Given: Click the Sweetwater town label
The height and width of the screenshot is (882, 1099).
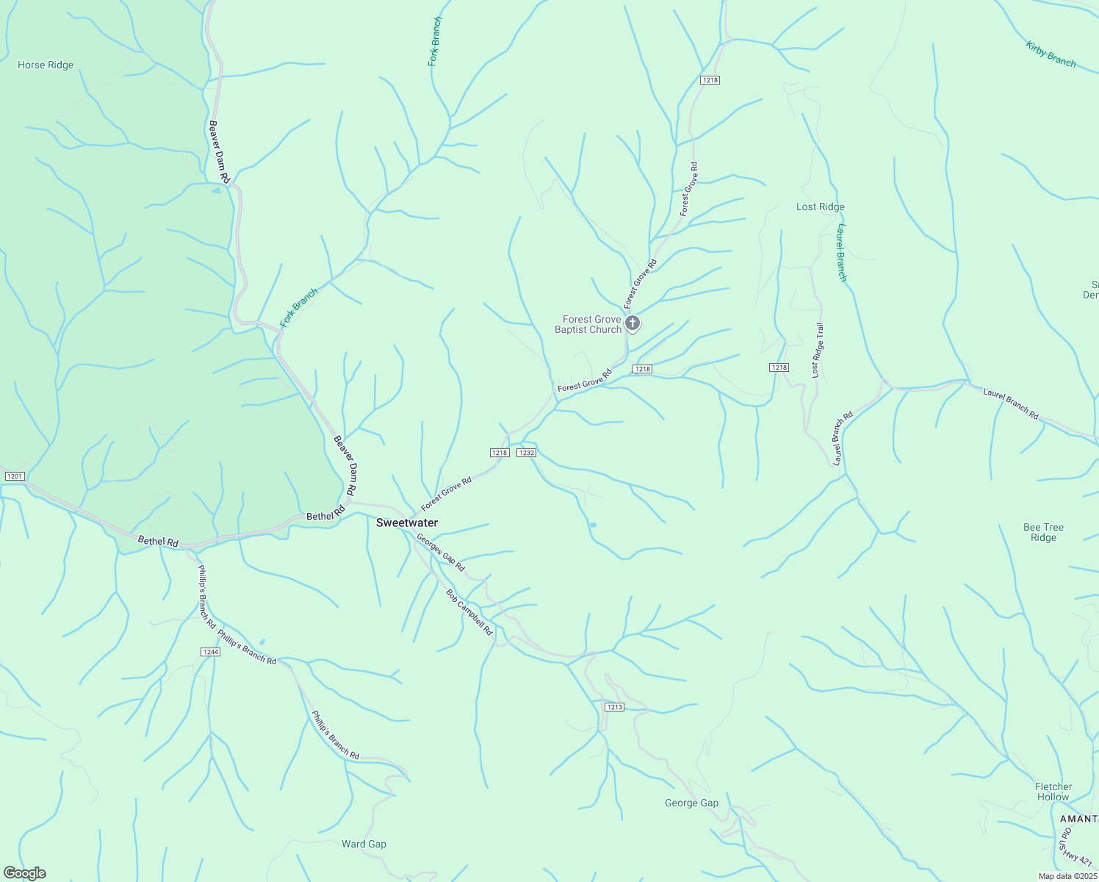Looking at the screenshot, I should (406, 523).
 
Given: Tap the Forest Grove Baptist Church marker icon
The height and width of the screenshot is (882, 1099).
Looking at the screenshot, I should (632, 323).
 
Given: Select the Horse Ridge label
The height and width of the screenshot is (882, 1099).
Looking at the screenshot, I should (46, 65).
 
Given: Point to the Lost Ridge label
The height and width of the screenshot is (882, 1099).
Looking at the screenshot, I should (820, 207).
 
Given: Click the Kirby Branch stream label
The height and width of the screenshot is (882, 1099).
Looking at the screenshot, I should (1051, 55).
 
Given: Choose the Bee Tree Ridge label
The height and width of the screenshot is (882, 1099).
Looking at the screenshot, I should (1043, 532).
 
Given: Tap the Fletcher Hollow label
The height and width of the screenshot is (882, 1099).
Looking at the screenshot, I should (1053, 792).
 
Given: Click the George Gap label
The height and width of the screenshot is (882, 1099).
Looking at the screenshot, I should (691, 803).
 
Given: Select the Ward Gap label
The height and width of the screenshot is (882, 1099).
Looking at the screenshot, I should (364, 845).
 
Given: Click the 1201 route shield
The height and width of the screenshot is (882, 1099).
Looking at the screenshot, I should (15, 477).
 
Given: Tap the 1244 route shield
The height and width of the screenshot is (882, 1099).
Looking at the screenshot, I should (210, 652).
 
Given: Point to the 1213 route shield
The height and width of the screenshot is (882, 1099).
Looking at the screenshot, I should (614, 707).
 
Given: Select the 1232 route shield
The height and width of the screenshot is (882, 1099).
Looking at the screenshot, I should (526, 453).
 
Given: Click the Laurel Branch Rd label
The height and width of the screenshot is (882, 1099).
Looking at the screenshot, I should (1011, 404).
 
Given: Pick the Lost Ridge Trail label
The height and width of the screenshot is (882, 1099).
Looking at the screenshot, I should (818, 351).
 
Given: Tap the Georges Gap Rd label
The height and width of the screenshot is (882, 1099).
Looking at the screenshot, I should (441, 553).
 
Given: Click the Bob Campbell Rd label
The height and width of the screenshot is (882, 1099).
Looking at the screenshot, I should (469, 612).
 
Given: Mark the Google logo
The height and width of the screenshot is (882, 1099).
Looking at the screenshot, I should (24, 873).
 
